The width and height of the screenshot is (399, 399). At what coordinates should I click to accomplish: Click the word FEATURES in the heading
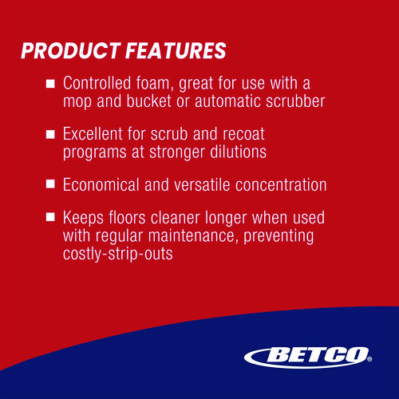176,50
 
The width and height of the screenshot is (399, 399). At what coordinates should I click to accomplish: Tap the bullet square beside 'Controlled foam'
50,84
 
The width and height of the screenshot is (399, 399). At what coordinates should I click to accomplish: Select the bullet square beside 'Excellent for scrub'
50,134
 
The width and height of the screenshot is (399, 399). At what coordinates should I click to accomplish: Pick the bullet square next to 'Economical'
50,184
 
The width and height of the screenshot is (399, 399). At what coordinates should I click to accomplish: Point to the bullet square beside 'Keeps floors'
50,217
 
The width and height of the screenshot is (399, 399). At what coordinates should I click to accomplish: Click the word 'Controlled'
97,83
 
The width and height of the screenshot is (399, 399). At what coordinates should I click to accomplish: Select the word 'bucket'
149,101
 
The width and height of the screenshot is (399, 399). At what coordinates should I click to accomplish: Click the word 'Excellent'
93,133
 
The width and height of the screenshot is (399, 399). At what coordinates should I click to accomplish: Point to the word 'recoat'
243,133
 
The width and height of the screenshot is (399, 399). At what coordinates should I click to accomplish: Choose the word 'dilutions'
239,152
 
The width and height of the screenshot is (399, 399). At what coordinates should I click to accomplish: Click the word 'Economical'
101,184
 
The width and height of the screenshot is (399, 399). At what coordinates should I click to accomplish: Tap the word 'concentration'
281,184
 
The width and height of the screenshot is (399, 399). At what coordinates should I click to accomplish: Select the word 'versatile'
202,184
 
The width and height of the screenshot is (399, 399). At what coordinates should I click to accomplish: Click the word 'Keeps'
83,218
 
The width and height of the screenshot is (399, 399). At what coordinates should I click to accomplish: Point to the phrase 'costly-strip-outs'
118,254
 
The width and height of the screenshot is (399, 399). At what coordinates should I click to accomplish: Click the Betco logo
308,358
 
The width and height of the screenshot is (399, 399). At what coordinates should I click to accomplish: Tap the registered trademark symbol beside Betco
369,359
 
